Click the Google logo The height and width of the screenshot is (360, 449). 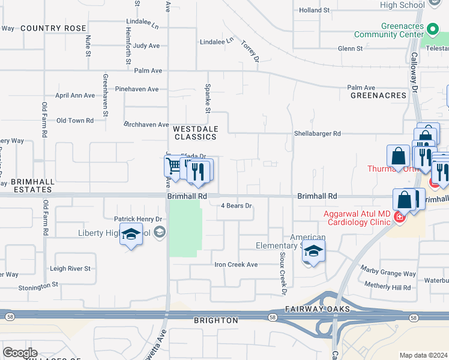(20, 353)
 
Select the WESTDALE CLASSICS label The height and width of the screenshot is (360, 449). (195, 133)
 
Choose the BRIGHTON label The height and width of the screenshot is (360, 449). (216, 320)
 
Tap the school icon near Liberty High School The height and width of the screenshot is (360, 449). (131, 235)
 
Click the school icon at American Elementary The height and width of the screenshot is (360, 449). (313, 251)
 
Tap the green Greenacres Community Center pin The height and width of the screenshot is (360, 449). (433, 28)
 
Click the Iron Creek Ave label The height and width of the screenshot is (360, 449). (236, 264)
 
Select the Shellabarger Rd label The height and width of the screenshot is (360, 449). (317, 133)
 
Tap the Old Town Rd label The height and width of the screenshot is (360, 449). (75, 121)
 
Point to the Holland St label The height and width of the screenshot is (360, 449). (315, 10)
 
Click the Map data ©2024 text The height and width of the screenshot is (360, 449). (424, 355)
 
